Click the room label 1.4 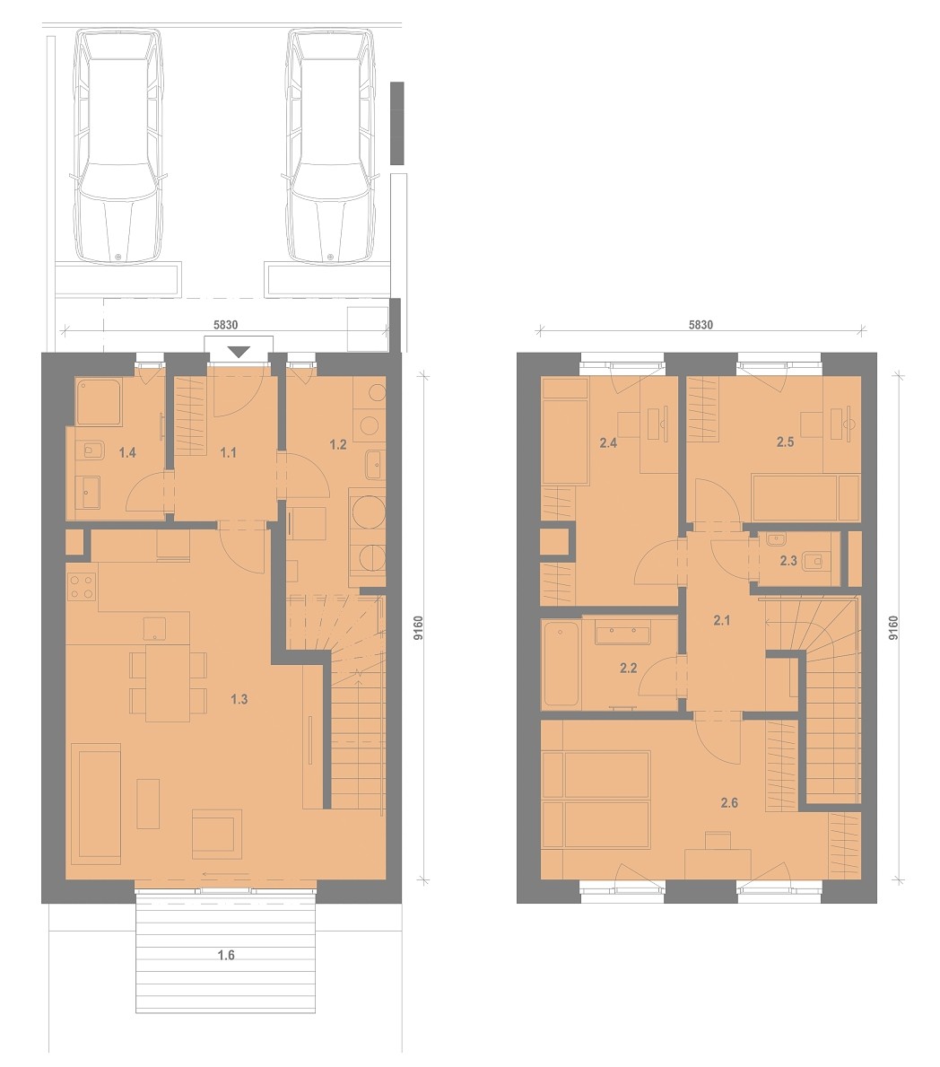point(127,452)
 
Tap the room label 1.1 point(228,452)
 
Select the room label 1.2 point(338,445)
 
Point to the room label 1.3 point(239,699)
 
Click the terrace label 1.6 point(226,956)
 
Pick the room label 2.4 point(608,443)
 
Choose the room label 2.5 point(786,442)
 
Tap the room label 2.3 point(788,562)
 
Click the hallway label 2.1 point(722,620)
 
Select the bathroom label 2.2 point(629,669)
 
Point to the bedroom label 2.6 point(729,803)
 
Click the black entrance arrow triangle point(239,352)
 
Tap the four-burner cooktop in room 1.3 point(81,588)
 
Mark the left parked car point(119,146)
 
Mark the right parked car point(331,146)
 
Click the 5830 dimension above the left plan point(226,325)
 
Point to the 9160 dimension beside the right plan point(893,627)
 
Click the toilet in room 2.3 point(814,562)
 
